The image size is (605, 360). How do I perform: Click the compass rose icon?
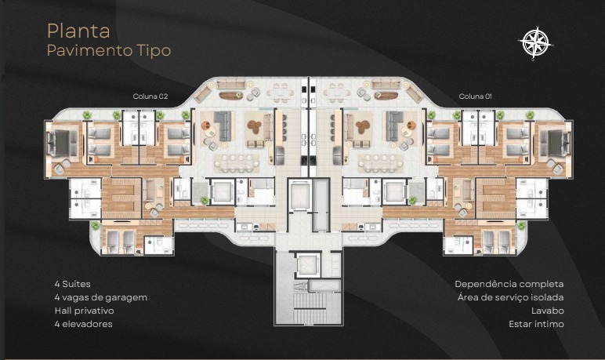point(535,43)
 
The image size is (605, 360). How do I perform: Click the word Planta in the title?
point(78,31)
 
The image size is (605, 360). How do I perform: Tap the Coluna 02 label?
point(150,96)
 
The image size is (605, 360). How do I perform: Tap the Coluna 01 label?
point(476,96)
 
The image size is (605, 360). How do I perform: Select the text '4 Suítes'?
point(73,284)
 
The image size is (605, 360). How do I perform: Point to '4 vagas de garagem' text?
point(101,297)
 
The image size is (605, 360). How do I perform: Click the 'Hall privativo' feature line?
point(84,311)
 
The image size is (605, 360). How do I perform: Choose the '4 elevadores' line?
point(83,324)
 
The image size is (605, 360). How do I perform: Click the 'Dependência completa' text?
point(509,284)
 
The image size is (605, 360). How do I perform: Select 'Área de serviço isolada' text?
point(510,297)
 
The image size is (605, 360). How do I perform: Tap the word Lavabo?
point(547,311)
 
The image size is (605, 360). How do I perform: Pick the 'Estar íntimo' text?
point(536,324)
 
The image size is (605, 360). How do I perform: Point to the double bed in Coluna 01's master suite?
point(555,143)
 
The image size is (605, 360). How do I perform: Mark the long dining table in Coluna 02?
point(237,163)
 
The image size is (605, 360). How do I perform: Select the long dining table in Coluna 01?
point(380,163)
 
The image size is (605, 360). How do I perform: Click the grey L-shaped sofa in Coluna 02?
point(223,125)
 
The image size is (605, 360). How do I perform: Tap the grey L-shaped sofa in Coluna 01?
point(395,125)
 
